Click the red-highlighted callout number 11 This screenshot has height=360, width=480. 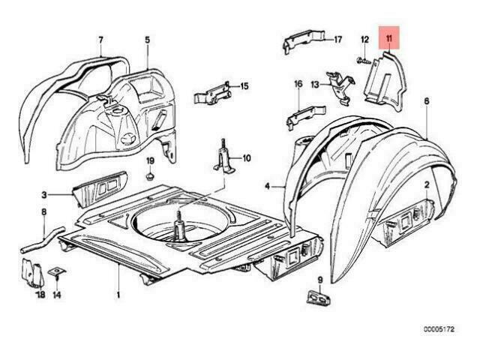[389, 39]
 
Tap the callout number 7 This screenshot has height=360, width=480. [100, 40]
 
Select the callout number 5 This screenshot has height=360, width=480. [148, 40]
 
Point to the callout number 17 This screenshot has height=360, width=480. [337, 40]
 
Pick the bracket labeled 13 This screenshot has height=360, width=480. [340, 88]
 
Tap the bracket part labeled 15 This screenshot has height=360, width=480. [212, 93]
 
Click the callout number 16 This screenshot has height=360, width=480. [298, 83]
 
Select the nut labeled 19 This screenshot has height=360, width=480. [150, 176]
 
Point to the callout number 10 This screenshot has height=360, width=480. [247, 158]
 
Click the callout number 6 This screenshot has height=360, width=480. [427, 101]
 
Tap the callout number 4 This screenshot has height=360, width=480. [268, 186]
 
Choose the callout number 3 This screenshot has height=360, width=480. [44, 195]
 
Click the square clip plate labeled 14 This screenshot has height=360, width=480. [57, 271]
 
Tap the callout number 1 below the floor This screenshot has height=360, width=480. [118, 295]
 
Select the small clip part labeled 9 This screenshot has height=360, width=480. [318, 298]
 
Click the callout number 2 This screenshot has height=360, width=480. [427, 184]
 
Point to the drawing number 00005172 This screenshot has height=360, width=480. [439, 329]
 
